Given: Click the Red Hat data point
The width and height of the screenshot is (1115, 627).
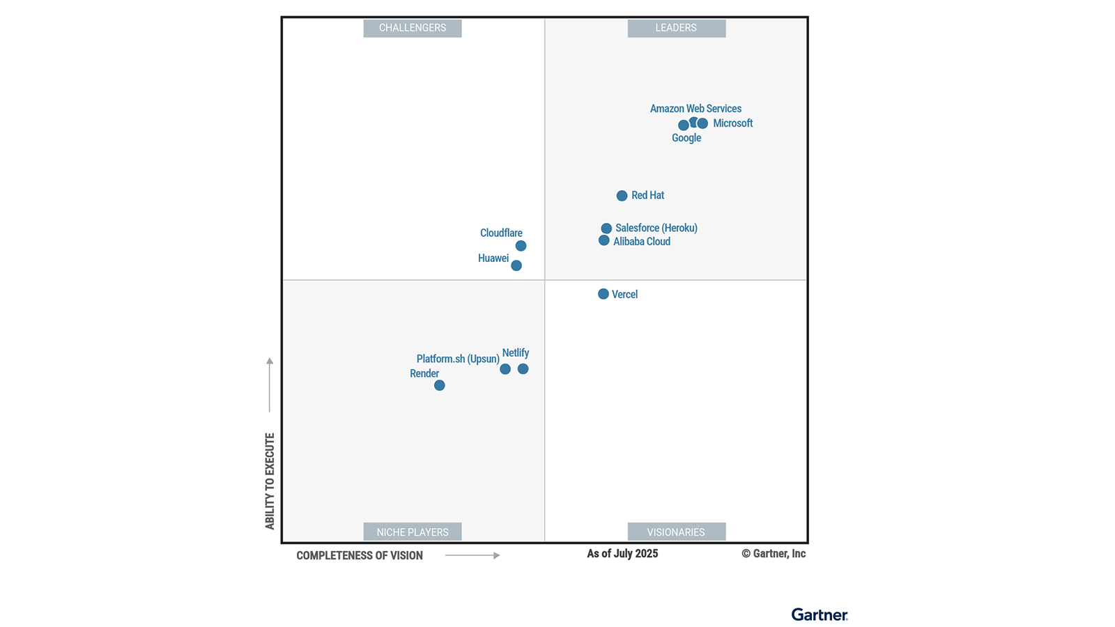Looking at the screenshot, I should click(622, 196).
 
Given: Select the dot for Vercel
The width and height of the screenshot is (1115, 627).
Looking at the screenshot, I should click(603, 294).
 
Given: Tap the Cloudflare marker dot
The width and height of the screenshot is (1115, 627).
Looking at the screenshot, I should click(521, 246).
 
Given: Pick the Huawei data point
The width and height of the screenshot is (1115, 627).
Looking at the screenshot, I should click(516, 265).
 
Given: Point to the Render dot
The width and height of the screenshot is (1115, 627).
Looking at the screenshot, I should click(439, 385).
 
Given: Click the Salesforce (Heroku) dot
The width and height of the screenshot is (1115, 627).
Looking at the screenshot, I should click(606, 229).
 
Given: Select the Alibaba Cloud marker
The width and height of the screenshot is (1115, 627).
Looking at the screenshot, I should click(604, 240).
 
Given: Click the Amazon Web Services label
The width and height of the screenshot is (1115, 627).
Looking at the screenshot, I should click(695, 109).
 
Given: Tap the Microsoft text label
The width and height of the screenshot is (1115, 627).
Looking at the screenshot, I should click(732, 123).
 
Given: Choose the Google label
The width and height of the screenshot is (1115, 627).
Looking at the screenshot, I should click(686, 138).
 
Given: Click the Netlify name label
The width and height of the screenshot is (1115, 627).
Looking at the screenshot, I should click(516, 353).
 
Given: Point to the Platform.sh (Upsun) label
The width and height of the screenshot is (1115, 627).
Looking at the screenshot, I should click(458, 359).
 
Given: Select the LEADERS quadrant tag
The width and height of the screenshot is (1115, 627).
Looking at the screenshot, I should click(676, 28).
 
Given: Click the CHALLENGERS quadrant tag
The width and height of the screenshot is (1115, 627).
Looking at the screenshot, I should click(413, 28).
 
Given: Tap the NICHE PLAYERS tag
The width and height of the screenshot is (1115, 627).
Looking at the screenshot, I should click(413, 532).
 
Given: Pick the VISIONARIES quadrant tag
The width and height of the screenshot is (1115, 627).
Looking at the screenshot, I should click(676, 532).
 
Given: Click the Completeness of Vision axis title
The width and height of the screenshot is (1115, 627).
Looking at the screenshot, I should click(360, 555).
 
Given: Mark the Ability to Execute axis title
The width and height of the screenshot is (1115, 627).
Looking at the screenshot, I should click(270, 481).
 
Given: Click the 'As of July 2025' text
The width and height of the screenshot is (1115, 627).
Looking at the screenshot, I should click(622, 554).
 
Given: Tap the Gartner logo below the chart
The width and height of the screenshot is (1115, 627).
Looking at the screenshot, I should click(820, 614).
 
